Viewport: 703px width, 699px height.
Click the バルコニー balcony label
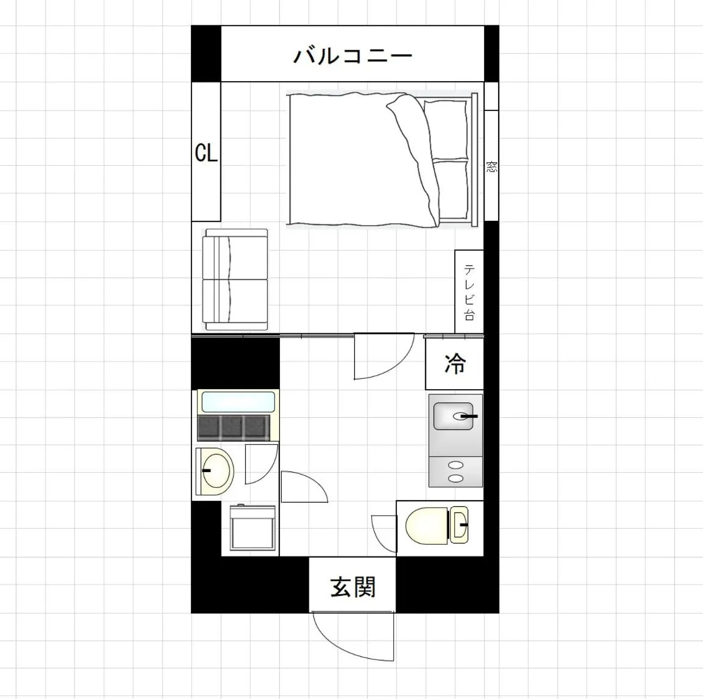(x=352, y=56)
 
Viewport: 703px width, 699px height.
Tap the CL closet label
(x=206, y=152)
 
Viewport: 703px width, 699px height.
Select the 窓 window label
(x=491, y=166)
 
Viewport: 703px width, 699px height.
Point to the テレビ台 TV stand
(x=469, y=292)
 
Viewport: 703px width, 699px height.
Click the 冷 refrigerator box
(x=454, y=364)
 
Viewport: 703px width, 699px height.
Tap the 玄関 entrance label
(x=352, y=587)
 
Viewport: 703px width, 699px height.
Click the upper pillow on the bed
(x=446, y=129)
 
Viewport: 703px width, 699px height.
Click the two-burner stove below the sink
(x=455, y=471)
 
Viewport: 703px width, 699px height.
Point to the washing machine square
(x=252, y=528)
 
